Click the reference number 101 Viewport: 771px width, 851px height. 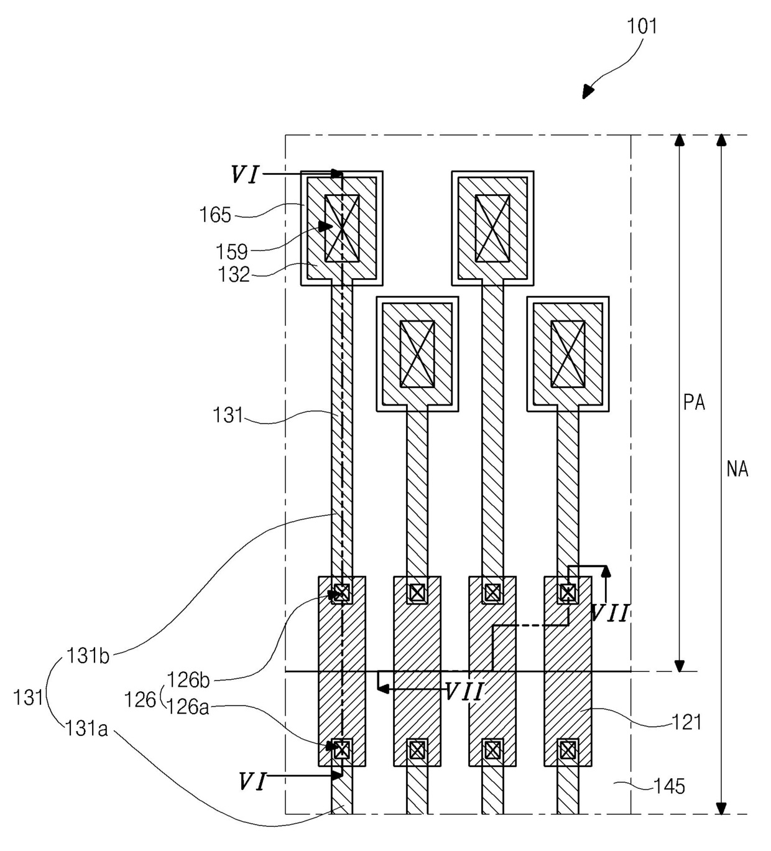642,26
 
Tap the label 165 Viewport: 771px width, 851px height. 215,215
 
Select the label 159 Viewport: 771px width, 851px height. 232,252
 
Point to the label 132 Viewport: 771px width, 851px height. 234,274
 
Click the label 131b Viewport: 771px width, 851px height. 88,656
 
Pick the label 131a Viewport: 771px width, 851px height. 86,729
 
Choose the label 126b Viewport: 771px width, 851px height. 188,680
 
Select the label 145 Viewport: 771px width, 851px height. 670,786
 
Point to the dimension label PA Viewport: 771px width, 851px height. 695,402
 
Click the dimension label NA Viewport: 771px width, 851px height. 737,470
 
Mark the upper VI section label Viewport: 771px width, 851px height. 245,174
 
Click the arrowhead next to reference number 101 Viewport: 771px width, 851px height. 588,92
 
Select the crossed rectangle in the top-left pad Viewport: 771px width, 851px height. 342,228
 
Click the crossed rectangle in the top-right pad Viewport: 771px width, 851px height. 492,228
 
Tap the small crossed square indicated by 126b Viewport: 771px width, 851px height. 342,592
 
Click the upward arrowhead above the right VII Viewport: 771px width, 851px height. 606,571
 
